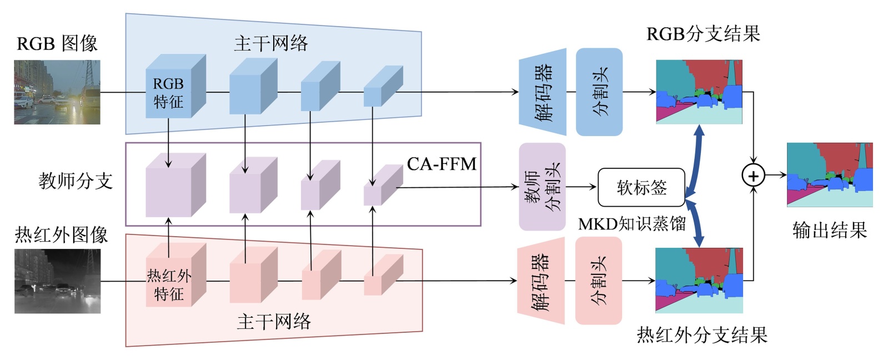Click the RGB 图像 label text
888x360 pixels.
(x=57, y=43)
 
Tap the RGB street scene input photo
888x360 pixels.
(x=57, y=92)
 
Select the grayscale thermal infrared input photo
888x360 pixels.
(x=57, y=281)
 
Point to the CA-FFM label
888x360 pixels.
(x=442, y=164)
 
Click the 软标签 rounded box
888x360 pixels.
(x=641, y=187)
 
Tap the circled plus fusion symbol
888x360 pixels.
(x=753, y=176)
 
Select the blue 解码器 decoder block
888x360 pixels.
(x=543, y=92)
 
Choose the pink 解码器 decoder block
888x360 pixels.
(x=541, y=281)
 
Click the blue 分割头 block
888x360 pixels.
(x=599, y=92)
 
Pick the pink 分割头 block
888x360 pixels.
(x=598, y=281)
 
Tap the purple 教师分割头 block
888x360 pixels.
(x=542, y=187)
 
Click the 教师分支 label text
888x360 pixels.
(x=76, y=181)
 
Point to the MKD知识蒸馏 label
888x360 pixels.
(x=632, y=224)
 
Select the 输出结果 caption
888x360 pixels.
(x=830, y=230)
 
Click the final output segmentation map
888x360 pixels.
(x=830, y=174)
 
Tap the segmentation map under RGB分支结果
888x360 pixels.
(x=699, y=92)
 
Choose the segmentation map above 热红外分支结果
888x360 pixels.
(x=699, y=281)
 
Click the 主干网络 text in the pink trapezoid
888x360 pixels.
(x=274, y=322)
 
